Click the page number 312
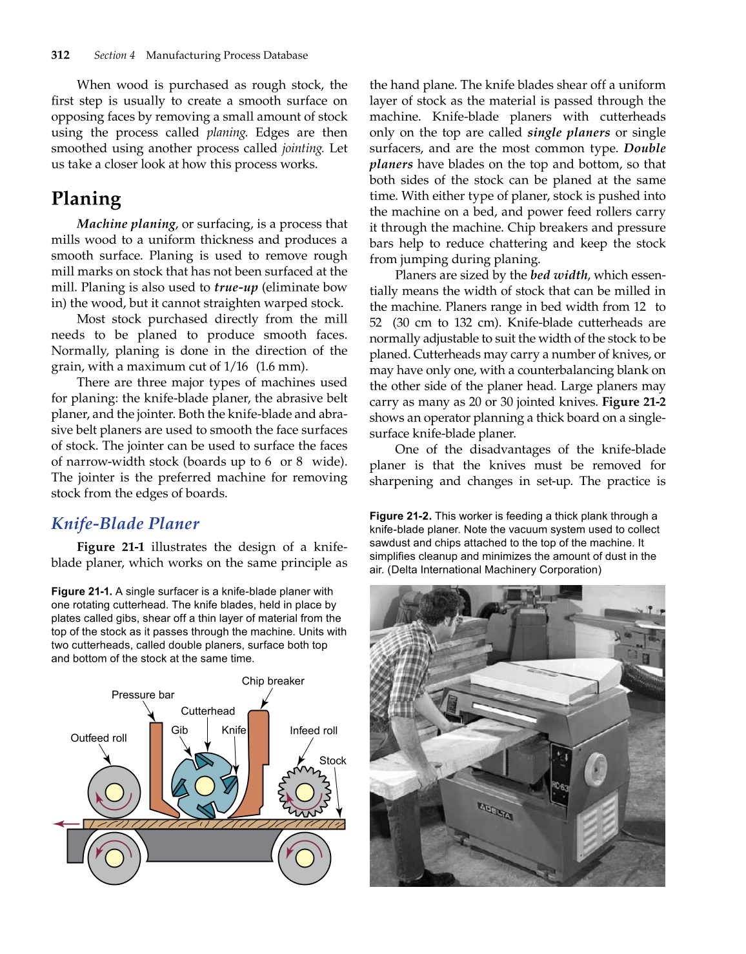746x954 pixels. (x=61, y=55)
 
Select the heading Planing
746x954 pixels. (x=86, y=199)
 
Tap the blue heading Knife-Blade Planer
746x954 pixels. (x=125, y=523)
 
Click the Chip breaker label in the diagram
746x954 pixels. (x=272, y=681)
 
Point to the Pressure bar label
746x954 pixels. (x=143, y=695)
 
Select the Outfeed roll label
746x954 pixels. (x=98, y=738)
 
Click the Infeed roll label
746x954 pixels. (x=313, y=730)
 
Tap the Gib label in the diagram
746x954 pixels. (x=179, y=730)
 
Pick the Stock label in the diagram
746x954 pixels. (x=332, y=760)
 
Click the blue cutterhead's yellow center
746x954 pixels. (x=205, y=786)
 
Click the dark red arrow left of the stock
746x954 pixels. (x=66, y=824)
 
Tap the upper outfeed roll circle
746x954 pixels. (x=114, y=791)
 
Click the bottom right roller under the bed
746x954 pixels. (x=304, y=857)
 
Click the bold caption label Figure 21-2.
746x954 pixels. (x=399, y=516)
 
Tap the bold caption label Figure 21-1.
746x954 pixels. (x=81, y=591)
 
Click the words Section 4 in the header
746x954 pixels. (x=114, y=55)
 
